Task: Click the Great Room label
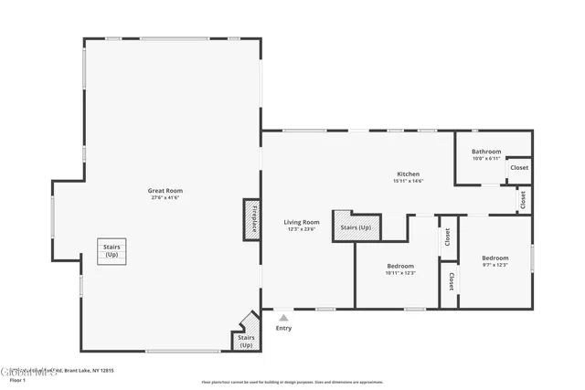tap(165, 191)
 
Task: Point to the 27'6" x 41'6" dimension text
tap(165, 197)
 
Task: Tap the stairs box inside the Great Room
tap(112, 251)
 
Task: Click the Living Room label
tap(301, 222)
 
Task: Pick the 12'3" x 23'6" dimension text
tap(301, 228)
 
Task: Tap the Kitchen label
tap(408, 174)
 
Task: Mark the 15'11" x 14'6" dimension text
tap(408, 180)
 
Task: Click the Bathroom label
tap(485, 152)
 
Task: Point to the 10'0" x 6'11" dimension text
tap(485, 158)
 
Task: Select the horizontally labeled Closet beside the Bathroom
tap(519, 168)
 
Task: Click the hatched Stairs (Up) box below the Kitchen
tap(356, 227)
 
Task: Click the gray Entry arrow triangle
tap(283, 318)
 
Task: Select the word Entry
tap(283, 328)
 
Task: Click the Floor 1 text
tap(17, 378)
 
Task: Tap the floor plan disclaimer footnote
tap(292, 382)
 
